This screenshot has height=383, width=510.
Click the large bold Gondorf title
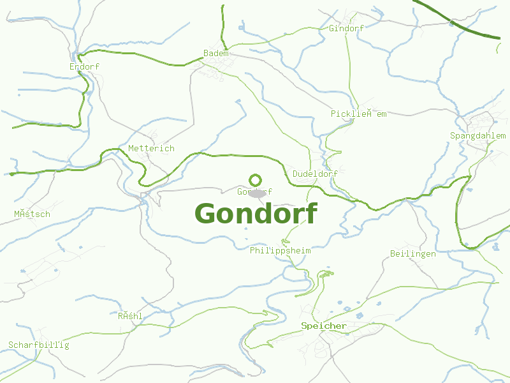255,213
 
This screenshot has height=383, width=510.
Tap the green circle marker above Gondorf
256,180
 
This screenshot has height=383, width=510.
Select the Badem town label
215,54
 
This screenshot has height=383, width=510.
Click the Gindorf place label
346,28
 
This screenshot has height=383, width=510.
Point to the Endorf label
84,66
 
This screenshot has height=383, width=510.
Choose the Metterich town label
151,148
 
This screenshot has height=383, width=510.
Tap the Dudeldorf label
315,174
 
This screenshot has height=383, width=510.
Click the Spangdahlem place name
477,135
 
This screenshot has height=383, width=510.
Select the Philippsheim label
280,250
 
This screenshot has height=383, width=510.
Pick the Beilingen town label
412,253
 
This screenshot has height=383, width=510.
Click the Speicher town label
324,326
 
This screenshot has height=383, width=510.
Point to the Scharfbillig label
38,345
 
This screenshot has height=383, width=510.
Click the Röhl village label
130,316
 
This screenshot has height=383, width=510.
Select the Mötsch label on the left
32,214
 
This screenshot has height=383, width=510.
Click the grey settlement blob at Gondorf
258,193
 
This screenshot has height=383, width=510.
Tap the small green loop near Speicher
327,274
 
